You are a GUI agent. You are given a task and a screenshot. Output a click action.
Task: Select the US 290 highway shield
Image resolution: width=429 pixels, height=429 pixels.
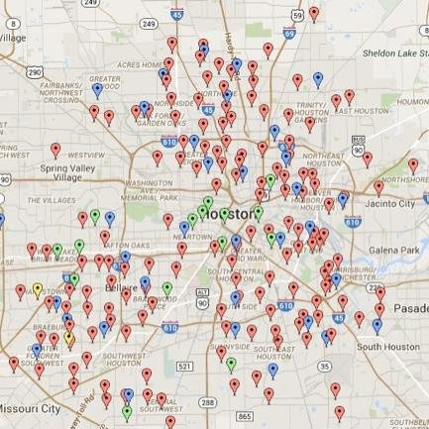[x=34, y=72]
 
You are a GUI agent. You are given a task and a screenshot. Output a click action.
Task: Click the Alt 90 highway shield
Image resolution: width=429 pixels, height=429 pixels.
[x=202, y=293]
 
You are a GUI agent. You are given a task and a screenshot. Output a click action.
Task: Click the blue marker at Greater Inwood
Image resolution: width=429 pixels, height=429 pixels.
[x=97, y=89]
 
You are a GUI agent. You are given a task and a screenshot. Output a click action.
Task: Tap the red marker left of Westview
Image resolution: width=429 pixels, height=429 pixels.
[x=55, y=151]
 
